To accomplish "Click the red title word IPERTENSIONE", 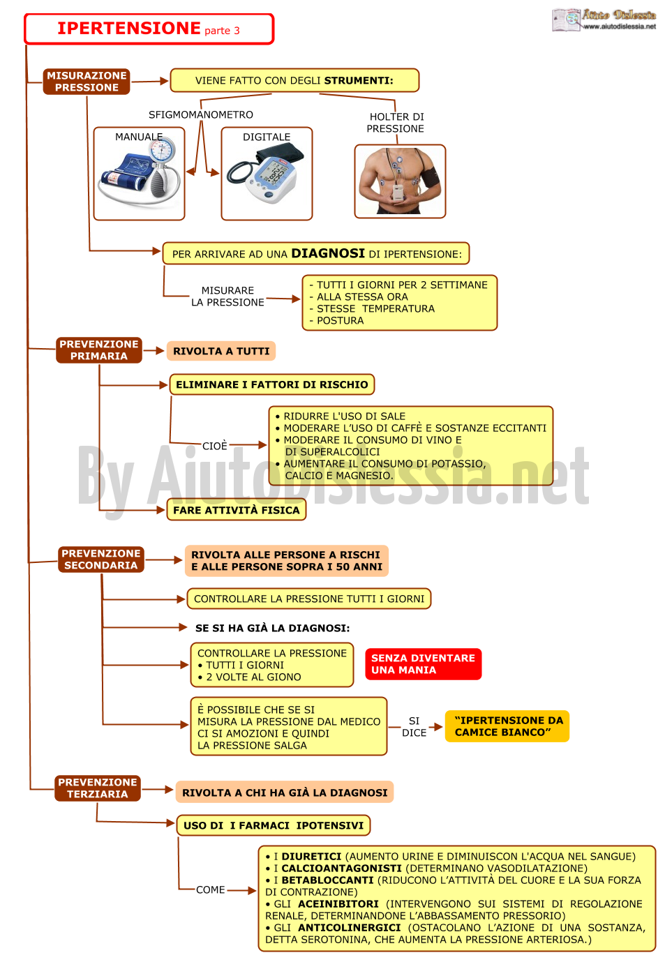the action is tap(129, 29).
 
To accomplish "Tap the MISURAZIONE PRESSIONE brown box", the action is tap(87, 82).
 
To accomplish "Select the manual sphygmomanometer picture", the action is tap(140, 172).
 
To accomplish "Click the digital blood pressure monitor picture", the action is tap(266, 174).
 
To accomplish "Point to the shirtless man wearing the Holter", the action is tap(399, 181).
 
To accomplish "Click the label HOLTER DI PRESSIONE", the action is tap(395, 123).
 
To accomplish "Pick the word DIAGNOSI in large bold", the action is tap(328, 253).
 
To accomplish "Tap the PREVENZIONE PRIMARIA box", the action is tap(99, 350).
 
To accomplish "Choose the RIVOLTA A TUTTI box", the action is tap(221, 351).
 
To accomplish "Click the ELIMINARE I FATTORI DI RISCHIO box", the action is tap(271, 384).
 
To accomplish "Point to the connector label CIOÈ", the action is tap(215, 446).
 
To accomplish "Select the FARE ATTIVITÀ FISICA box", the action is tap(237, 510).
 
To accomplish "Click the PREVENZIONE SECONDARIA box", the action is tap(100, 559).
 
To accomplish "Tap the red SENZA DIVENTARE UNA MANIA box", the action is tap(423, 664).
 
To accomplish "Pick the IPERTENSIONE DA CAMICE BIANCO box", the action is tap(507, 726).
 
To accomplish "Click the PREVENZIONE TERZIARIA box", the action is tap(98, 788).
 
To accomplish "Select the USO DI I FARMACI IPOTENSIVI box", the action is tap(274, 825).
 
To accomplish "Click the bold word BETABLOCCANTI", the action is tap(327, 880).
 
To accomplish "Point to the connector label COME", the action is tap(210, 890).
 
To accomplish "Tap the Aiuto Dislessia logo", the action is tap(604, 20).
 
